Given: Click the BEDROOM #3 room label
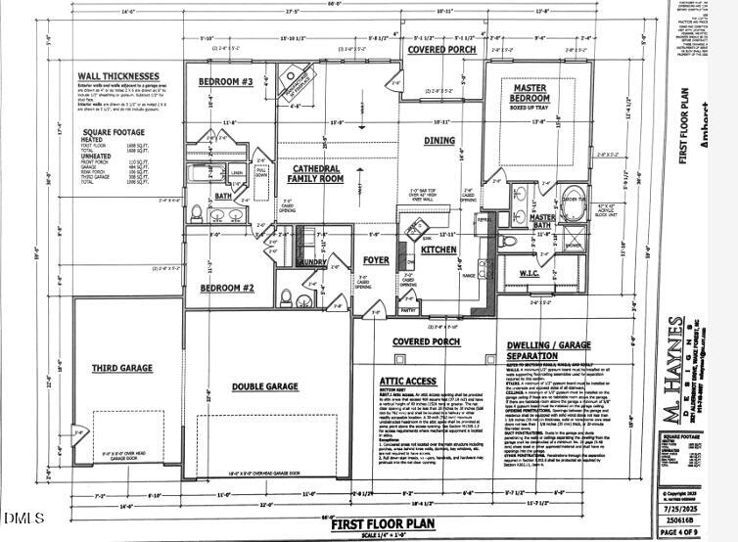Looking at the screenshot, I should (226, 81).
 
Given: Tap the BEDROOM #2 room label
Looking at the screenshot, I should (227, 289).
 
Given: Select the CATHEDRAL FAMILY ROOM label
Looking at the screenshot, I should (317, 174).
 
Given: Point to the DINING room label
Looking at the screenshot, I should (439, 141).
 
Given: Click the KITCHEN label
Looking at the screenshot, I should (438, 250).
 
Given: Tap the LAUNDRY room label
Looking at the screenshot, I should (312, 262).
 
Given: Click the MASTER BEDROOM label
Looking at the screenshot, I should (530, 94).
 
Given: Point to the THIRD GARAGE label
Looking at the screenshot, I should (121, 368).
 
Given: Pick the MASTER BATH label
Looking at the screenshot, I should (541, 221).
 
